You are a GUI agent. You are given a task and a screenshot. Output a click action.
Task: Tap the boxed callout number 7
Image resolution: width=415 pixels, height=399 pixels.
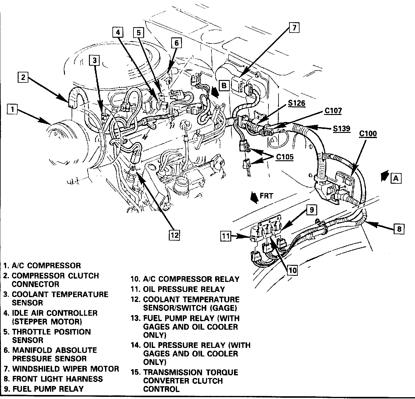pos(294,28)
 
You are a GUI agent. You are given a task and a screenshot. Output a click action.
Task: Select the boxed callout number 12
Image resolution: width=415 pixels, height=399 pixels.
pos(175,235)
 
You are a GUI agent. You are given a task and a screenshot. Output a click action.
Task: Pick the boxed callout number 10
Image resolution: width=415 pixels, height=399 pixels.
pos(292,270)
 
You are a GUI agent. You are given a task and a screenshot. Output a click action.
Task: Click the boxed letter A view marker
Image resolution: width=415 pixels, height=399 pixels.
pos(395,178)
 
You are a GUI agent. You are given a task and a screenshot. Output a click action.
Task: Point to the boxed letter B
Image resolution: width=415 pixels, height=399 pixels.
pos(224,85)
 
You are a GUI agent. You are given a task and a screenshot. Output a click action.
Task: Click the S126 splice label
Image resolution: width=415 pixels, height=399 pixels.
pos(296,103)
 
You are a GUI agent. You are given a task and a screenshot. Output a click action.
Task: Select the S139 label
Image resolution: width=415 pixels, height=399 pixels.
pos(341,129)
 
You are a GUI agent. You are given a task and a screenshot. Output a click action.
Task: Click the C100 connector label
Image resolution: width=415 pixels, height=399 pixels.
pos(368,134)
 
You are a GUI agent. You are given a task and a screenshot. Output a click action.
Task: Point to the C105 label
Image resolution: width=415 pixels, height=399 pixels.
pos(285,157)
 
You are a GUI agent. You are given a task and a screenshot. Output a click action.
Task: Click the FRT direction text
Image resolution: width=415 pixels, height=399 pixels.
pos(266,196)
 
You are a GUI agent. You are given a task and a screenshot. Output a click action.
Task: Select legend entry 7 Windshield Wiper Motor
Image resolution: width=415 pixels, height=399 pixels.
pos(61,369)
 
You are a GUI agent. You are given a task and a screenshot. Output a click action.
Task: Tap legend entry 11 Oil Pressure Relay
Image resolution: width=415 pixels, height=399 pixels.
pos(178,289)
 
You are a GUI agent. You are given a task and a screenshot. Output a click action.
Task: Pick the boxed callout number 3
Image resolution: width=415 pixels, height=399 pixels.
pos(95,61)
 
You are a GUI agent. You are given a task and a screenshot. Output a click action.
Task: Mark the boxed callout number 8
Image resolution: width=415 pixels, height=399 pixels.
pos(399,229)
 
